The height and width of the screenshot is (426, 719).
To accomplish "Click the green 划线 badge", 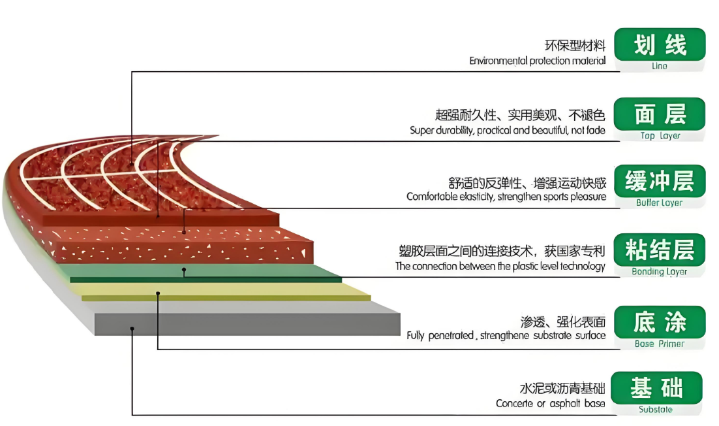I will tap(660, 45).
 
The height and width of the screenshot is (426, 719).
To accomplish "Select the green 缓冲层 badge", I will tap(660, 181).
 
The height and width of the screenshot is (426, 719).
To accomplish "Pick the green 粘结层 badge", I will tap(660, 250).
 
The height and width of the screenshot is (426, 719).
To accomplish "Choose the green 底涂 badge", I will tap(660, 322).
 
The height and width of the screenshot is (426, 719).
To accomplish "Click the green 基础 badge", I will tap(660, 388).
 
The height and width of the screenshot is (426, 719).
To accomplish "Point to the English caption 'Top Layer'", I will tap(660, 136).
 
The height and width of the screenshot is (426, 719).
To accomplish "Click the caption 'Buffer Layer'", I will tap(660, 203).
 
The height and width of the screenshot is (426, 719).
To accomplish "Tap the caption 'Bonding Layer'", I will tap(660, 272).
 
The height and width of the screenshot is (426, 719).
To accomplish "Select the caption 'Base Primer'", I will tap(660, 344).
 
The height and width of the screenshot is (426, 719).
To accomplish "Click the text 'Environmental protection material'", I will tap(538, 61).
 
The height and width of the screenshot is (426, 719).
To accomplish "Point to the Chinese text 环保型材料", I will tap(575, 46).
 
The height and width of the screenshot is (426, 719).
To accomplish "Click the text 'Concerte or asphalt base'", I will tap(551, 404).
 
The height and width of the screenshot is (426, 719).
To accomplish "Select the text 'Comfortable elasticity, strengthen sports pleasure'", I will tap(506, 197).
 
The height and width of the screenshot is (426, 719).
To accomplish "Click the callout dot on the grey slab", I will tap(132, 329).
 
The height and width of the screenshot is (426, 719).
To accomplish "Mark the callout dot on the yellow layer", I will tap(158, 293).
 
